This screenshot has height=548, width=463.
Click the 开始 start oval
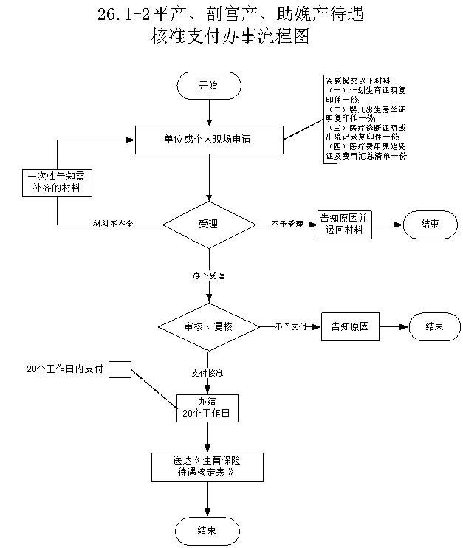coord(209,85)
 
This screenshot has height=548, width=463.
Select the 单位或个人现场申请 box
coord(209,139)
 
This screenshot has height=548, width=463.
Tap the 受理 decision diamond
coord(209,224)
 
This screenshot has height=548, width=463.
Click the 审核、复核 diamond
coord(209,326)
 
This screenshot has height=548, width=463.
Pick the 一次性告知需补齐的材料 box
coord(57,182)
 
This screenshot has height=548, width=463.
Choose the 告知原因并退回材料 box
coord(345,224)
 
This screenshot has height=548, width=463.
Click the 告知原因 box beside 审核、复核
coord(350,326)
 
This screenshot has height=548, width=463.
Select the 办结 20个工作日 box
coord(208,408)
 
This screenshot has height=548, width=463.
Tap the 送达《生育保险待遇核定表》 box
coord(208,466)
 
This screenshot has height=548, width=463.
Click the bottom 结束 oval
coord(208,530)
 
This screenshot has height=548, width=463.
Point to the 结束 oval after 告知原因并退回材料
coord(430,224)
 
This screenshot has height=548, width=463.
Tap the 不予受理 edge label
coord(287,224)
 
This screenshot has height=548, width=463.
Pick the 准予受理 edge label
coord(209,275)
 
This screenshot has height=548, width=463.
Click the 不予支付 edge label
coord(291,326)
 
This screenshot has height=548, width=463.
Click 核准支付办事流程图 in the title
coord(230,35)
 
